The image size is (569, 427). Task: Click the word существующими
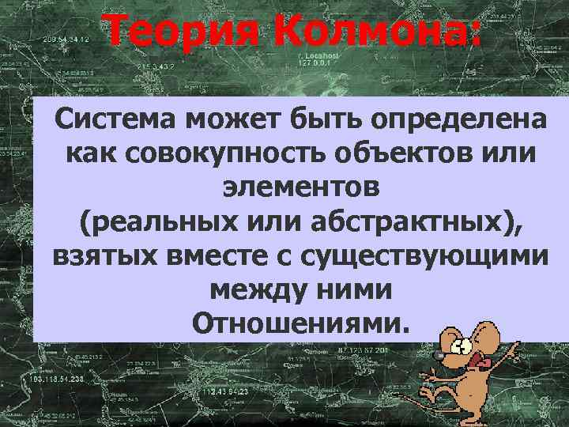tap(421, 256)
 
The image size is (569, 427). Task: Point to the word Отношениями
tap(301, 324)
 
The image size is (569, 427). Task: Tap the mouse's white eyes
tap(459, 346)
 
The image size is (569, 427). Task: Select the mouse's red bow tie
tap(477, 365)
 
